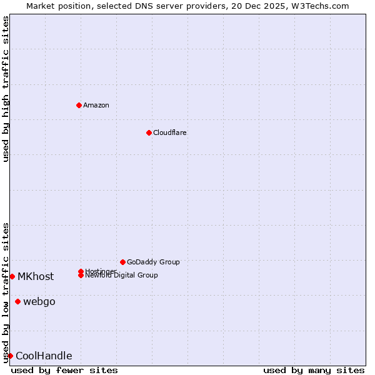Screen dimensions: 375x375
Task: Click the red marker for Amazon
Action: click(79, 105)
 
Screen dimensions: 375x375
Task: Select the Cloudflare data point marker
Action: click(149, 132)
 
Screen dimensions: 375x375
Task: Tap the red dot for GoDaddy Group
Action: click(122, 262)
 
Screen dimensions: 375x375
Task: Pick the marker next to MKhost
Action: click(12, 276)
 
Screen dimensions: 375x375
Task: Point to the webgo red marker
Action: click(17, 302)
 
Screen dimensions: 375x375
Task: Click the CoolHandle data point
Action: click(10, 356)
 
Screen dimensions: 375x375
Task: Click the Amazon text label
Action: click(96, 105)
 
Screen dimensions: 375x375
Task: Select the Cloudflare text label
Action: click(170, 132)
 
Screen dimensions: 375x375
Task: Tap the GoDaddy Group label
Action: click(153, 262)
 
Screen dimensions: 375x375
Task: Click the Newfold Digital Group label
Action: click(121, 276)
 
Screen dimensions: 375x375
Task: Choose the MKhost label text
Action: click(36, 276)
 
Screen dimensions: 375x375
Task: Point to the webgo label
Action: click(39, 302)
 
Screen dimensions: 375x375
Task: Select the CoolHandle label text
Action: click(44, 356)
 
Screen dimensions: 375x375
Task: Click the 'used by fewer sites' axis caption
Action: click(64, 370)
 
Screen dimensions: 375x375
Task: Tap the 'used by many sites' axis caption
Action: click(314, 370)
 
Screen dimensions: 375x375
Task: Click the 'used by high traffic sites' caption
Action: click(6, 89)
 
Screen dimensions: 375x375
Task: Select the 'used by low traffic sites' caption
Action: click(6, 292)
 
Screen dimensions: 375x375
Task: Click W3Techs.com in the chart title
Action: click(324, 6)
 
